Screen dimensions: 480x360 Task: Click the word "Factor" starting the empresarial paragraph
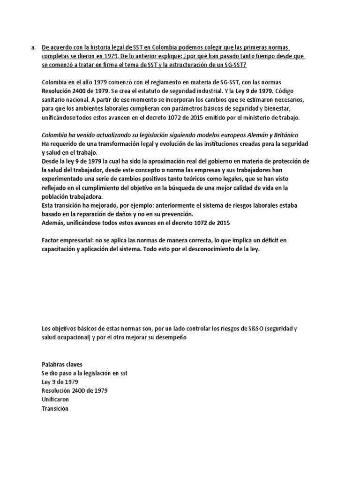(x=52, y=240)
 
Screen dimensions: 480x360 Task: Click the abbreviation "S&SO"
(x=253, y=329)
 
